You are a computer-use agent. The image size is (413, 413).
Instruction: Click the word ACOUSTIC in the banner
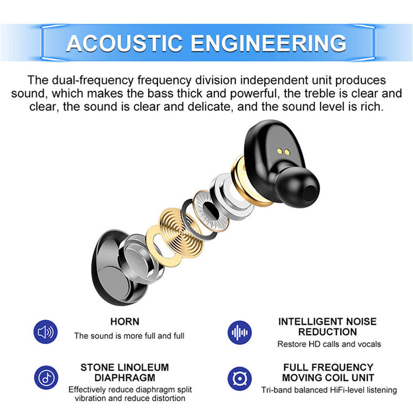click(x=125, y=43)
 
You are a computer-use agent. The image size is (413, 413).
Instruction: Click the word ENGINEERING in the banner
click(x=268, y=43)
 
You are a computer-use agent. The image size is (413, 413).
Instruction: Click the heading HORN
click(x=125, y=322)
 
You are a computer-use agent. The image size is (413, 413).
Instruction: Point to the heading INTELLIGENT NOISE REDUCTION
click(x=327, y=327)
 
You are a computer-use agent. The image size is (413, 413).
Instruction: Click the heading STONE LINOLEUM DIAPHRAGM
click(x=125, y=372)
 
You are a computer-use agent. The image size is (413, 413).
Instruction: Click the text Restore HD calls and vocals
click(x=329, y=344)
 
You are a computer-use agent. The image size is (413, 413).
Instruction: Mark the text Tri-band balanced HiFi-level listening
click(x=329, y=390)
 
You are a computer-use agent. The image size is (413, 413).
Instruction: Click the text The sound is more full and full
click(x=129, y=336)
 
